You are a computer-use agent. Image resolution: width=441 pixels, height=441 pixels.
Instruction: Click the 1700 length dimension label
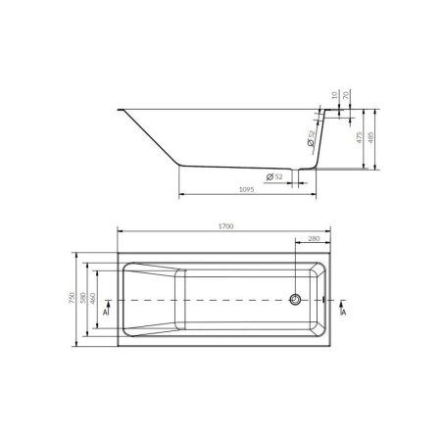pos(224,226)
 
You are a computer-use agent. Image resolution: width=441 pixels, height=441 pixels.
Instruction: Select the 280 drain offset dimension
pos(313,239)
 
